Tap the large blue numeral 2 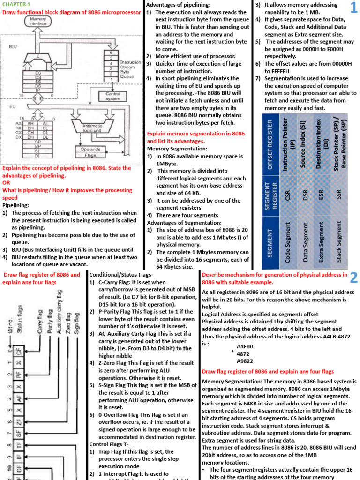(353, 278)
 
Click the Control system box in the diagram (113, 96)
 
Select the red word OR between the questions (7, 183)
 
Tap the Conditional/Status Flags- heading (120, 275)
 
